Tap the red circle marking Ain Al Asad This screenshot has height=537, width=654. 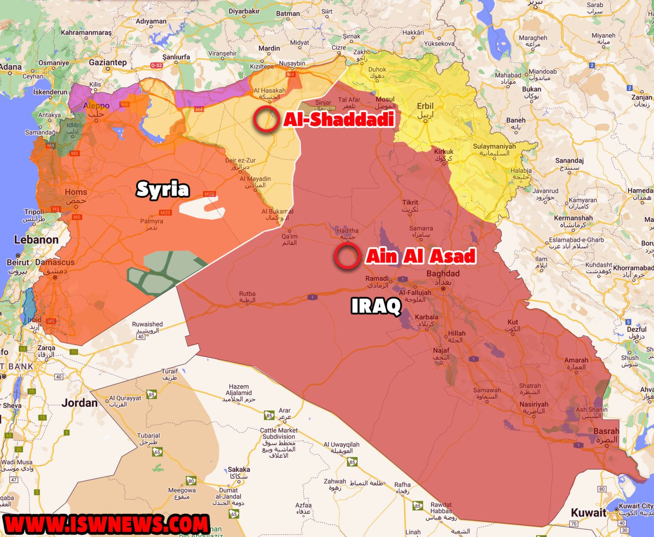347,256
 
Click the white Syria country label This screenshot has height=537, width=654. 163,189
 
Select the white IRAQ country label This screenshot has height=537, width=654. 376,306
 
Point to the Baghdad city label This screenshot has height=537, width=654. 443,273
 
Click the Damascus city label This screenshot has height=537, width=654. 55,262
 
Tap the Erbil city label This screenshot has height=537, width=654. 425,106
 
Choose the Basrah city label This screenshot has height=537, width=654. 606,431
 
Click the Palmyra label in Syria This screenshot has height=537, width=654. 152,221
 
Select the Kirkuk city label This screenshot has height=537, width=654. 444,152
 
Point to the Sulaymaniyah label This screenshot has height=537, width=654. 494,147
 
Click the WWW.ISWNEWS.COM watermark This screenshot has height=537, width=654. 106,524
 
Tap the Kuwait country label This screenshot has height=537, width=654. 588,512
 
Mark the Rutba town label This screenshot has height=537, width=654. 247,294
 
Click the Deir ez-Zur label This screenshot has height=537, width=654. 240,161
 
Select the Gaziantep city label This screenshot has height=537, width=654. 108,63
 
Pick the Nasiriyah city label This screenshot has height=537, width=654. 534,404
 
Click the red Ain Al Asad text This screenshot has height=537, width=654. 421,256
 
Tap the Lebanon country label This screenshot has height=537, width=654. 36,240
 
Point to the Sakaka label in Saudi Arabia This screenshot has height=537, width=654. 238,469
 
